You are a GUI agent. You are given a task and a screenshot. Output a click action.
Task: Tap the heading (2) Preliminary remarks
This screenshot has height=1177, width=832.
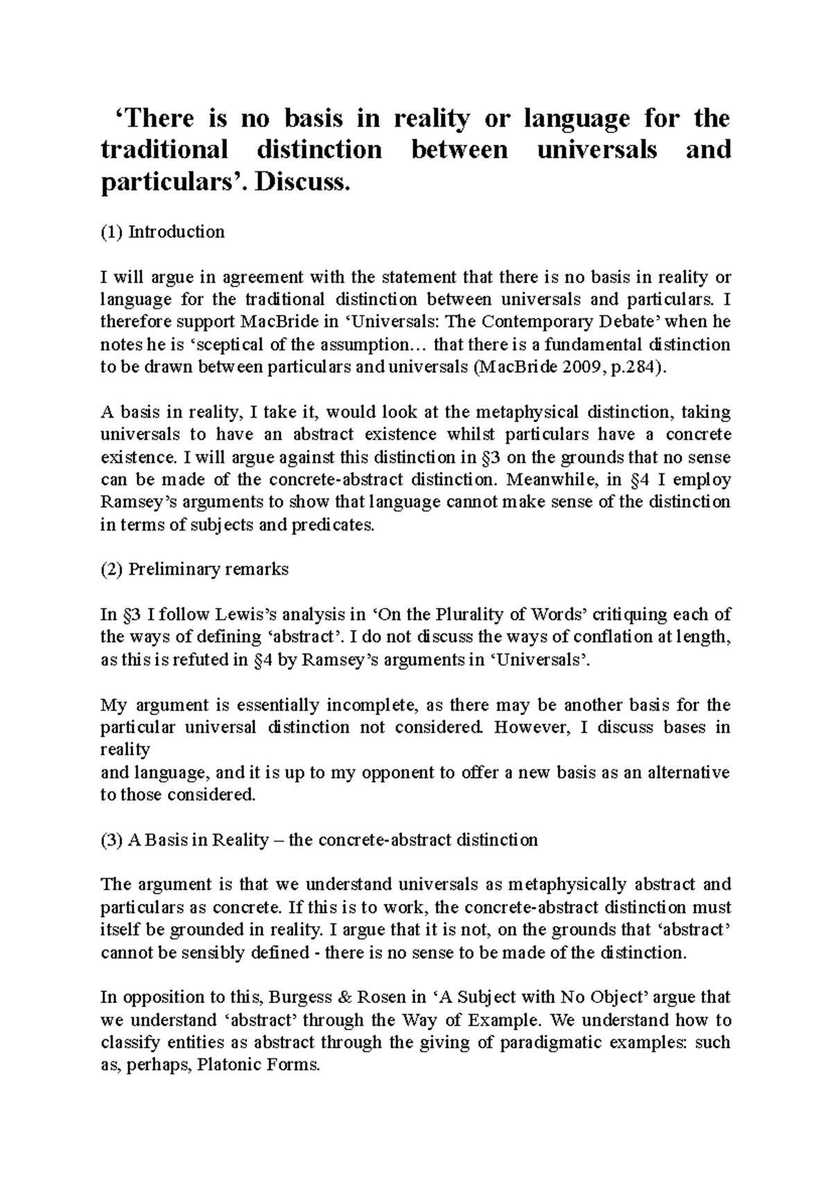coord(194,570)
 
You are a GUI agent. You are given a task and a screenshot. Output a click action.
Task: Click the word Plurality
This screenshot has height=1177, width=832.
coord(478,615)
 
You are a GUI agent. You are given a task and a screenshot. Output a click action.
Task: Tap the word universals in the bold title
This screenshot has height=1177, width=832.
coord(597,149)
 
